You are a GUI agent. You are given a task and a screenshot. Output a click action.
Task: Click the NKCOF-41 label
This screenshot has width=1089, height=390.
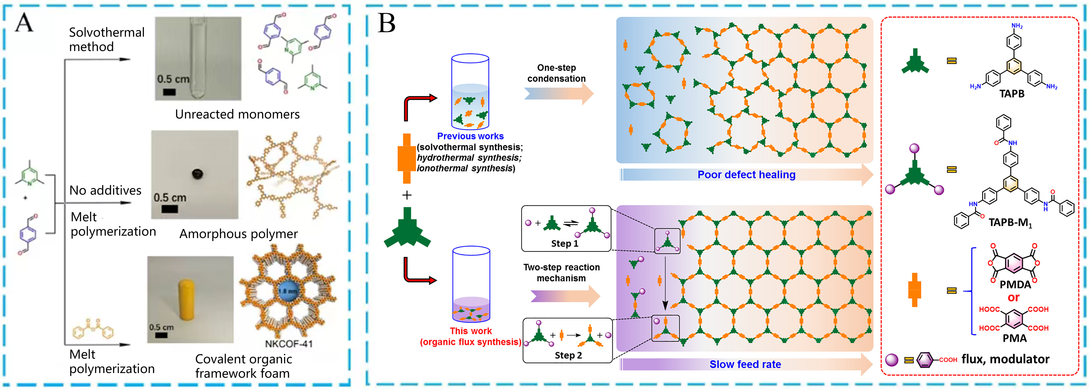[x=289, y=343]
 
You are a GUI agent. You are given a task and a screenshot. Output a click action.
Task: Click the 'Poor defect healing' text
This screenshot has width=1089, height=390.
[x=746, y=175]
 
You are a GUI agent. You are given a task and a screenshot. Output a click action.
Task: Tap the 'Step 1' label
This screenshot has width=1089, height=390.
[x=564, y=244]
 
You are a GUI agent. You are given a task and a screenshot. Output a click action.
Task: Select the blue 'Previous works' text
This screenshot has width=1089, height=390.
[x=470, y=136]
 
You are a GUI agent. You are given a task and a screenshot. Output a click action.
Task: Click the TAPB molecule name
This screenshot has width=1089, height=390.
[x=1012, y=94]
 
